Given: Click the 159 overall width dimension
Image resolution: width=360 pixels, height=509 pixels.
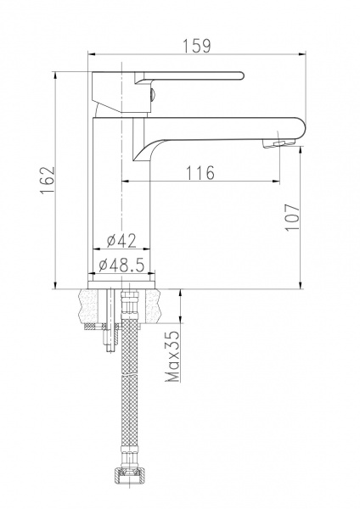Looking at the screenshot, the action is [197, 46].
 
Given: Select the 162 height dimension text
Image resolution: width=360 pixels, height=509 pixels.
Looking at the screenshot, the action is [48, 181].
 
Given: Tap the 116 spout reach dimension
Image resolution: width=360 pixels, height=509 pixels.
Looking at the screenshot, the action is [200, 173].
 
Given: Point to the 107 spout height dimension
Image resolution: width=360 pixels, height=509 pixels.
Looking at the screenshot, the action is [293, 217].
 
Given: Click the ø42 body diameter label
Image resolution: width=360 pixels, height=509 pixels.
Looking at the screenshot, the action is [121, 241].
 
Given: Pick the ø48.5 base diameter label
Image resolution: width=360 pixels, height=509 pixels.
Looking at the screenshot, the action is [121, 266].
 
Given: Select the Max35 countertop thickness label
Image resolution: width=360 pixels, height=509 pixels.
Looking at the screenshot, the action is [172, 356].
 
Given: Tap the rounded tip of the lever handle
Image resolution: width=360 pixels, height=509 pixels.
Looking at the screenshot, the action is [241, 76].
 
